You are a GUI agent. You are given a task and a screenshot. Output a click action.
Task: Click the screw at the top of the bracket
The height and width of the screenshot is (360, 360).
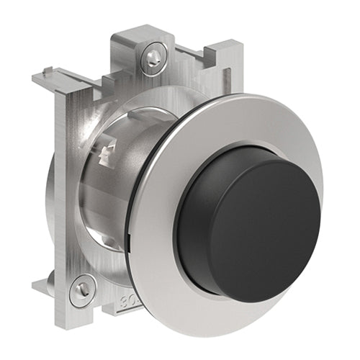click(x=153, y=57)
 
